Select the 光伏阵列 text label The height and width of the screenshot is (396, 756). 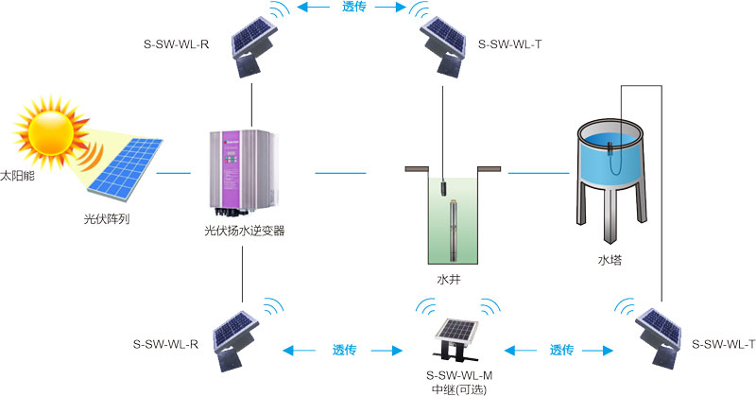[106, 218]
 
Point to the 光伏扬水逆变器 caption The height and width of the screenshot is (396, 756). [244, 231]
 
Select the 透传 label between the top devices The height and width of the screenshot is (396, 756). [354, 9]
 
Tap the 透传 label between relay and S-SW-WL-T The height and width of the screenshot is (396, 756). [561, 350]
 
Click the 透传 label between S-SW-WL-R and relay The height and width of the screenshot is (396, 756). [343, 350]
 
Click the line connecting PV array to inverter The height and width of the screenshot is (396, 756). [174, 173]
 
